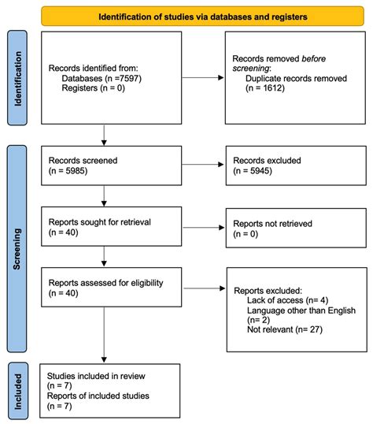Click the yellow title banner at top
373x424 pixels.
203,15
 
